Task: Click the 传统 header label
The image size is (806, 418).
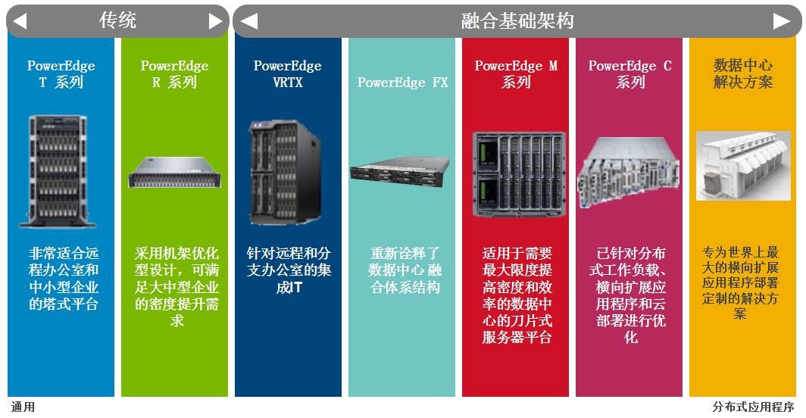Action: pos(117,20)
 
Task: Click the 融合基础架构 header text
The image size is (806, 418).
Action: pos(517,21)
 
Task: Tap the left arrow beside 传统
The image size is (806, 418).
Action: pos(20,21)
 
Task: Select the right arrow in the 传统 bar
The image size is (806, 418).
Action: pos(216,21)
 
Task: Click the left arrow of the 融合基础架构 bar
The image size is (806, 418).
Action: pos(248,21)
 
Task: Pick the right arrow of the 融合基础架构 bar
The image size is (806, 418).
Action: pos(782,21)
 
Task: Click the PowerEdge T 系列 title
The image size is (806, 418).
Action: pos(61,74)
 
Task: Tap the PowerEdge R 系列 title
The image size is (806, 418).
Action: pos(175,74)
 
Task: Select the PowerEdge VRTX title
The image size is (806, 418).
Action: pos(288,74)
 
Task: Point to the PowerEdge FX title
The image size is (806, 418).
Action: pos(402,83)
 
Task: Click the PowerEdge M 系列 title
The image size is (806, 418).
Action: pos(516,74)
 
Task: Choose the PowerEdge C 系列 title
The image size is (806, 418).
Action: pos(630,74)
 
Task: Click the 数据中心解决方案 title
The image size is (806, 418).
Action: pos(743,73)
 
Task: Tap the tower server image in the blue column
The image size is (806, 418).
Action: pos(57,171)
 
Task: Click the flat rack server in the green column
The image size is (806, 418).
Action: pos(175,172)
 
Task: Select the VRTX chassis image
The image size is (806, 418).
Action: pos(286,172)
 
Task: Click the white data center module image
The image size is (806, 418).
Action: pos(743,166)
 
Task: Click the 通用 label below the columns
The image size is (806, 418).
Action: pos(23,407)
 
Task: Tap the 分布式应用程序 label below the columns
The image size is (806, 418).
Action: pos(753,407)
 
